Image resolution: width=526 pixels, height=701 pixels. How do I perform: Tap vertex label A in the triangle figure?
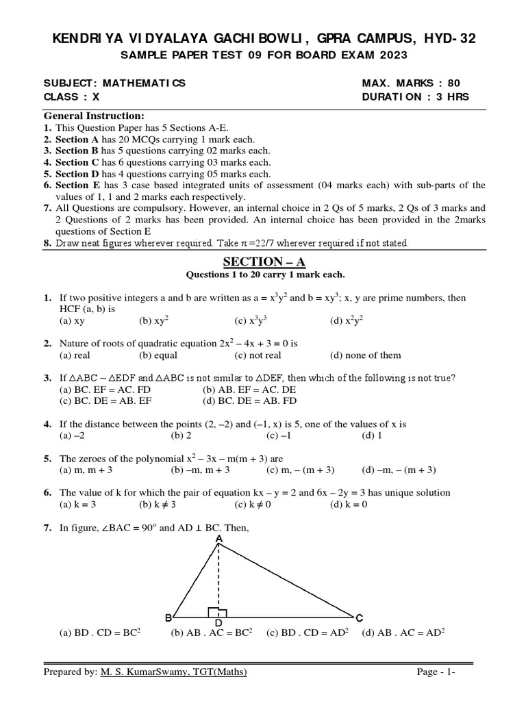pos(219,539)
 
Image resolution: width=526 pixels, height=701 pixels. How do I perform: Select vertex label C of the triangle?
pos(360,617)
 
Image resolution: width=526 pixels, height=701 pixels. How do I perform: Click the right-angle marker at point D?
pos(218,612)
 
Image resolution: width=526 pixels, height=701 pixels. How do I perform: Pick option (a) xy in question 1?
pos(72,320)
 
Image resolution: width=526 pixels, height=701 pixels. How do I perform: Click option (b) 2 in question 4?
pos(181,435)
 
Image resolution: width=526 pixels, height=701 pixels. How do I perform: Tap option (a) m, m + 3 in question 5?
pos(86,470)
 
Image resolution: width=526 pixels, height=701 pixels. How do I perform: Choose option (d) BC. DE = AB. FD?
pos(249,401)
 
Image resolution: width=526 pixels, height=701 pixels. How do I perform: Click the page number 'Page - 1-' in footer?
pos(436,672)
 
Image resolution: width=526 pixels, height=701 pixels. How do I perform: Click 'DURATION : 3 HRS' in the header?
pos(415,97)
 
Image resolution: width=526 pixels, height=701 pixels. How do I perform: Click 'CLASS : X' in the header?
pos(72,97)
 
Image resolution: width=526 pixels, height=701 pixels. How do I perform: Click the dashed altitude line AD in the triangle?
pos(218,575)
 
